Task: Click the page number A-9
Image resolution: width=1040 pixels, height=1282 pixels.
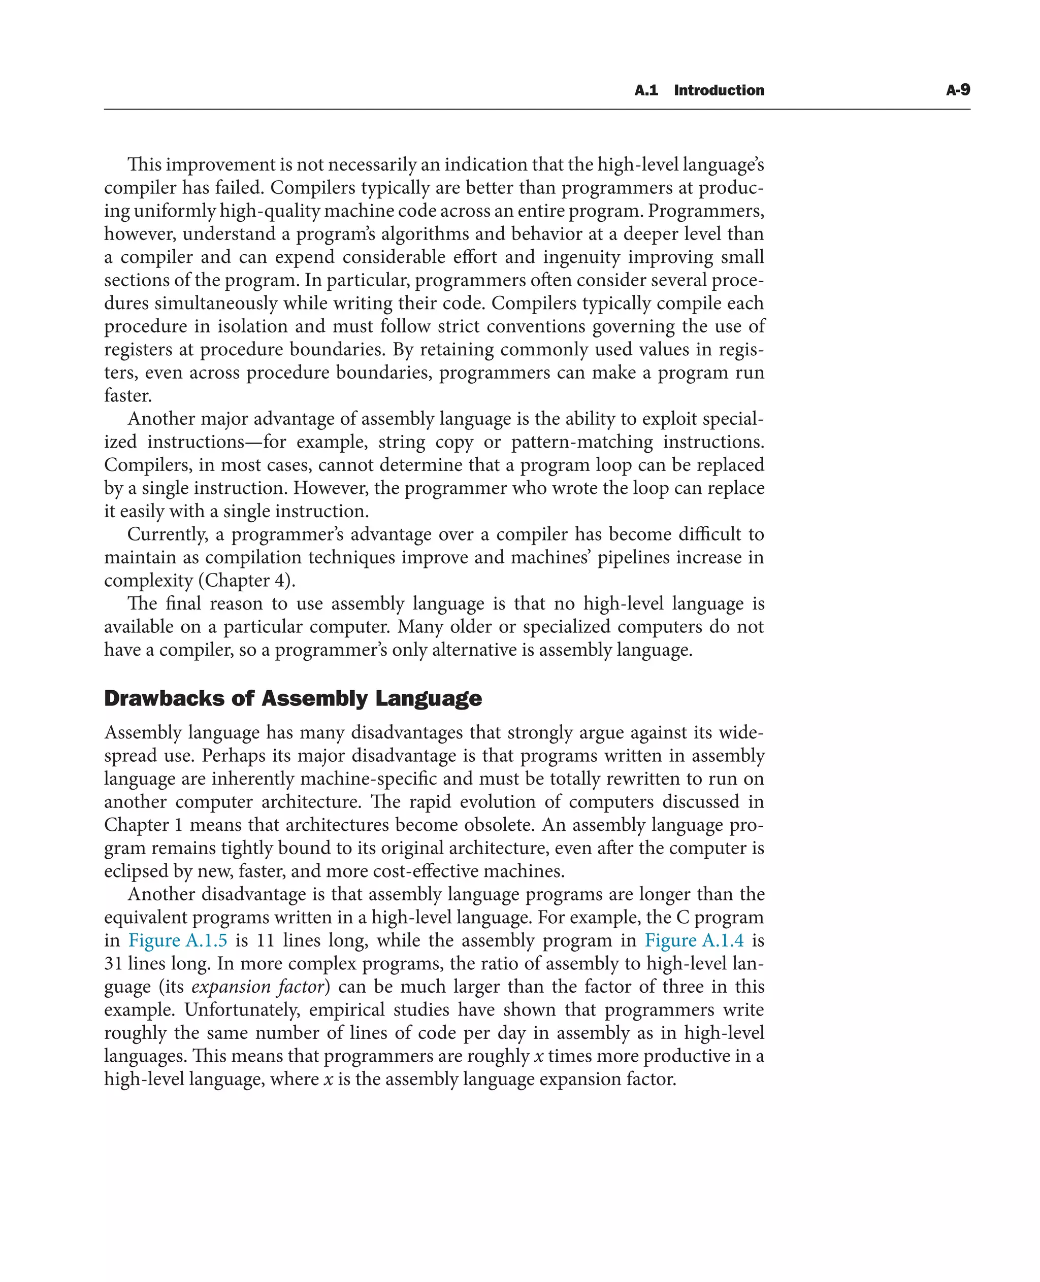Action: [x=957, y=90]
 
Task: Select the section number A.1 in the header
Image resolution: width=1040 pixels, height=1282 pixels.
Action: [x=646, y=90]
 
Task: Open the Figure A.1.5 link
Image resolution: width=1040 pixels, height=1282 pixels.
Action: [x=178, y=941]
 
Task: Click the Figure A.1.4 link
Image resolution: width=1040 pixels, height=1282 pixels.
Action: [x=694, y=941]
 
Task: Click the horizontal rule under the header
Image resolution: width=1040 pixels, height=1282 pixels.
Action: [x=537, y=110]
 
